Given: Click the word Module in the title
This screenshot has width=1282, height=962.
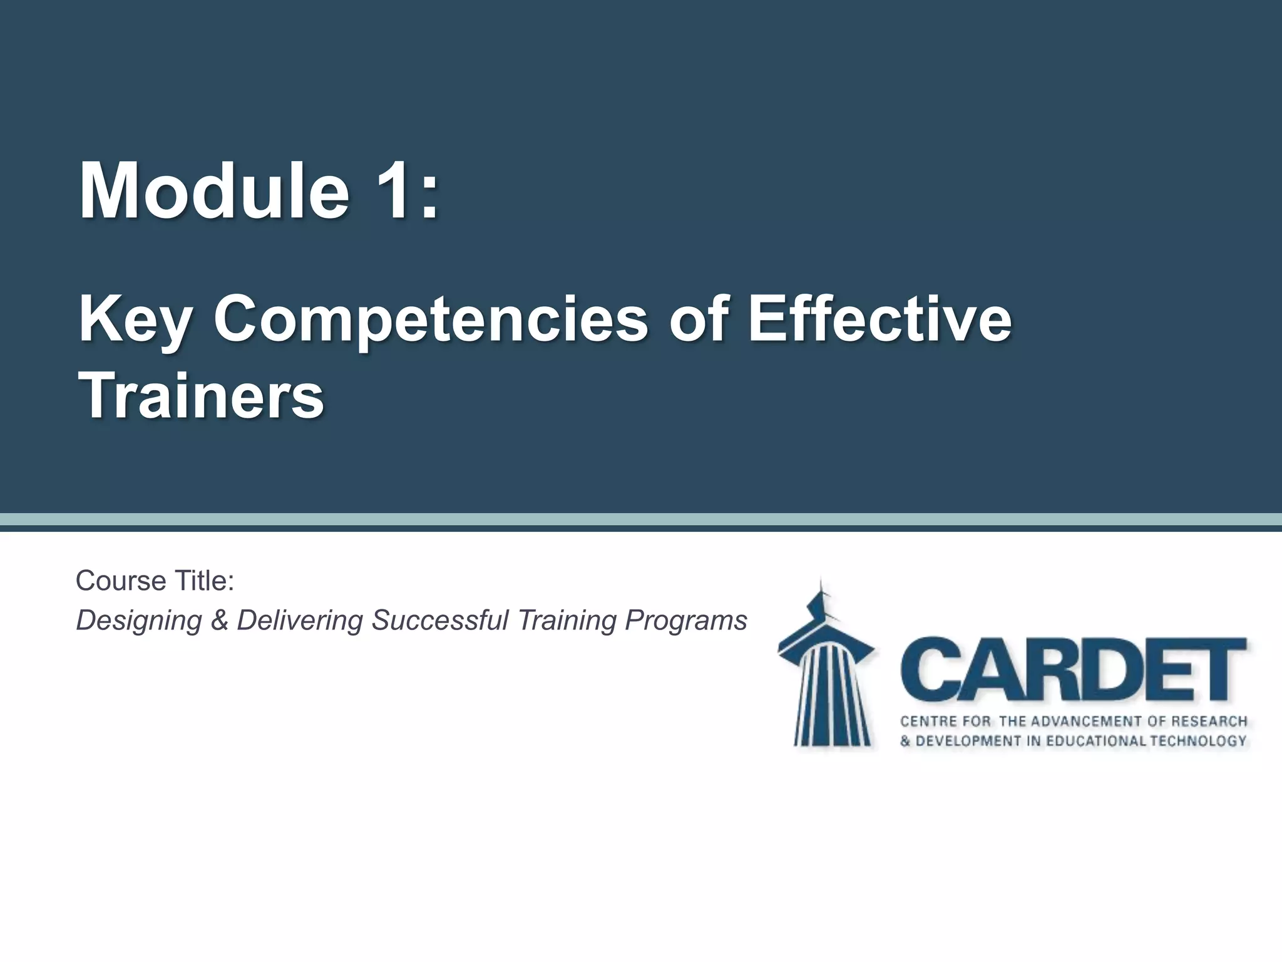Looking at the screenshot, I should click(x=213, y=190).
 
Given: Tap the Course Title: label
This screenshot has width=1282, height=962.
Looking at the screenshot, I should click(x=155, y=581).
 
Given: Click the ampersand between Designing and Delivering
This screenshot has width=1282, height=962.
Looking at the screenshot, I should click(x=219, y=621).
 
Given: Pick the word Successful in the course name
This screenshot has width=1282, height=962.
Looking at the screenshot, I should click(x=439, y=620).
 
